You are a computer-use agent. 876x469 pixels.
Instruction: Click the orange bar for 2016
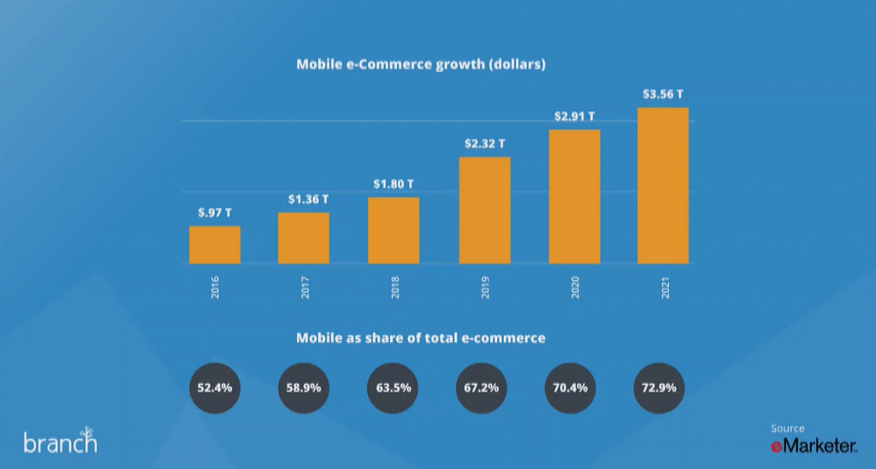tap(215, 245)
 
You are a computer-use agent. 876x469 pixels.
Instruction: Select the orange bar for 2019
tap(484, 211)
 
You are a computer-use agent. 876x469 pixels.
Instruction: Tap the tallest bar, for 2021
tap(663, 186)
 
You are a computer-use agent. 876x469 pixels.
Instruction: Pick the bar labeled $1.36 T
tap(304, 238)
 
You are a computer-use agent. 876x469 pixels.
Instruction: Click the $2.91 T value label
tap(574, 116)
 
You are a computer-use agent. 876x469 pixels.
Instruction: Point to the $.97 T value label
tap(215, 212)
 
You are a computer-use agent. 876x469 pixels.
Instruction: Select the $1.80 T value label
tap(394, 183)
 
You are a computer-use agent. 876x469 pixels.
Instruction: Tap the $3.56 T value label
tap(663, 93)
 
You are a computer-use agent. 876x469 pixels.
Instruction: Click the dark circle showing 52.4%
tap(215, 388)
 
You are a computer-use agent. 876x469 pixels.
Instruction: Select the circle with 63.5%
tap(394, 388)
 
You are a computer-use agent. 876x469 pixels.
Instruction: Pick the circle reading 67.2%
tap(482, 388)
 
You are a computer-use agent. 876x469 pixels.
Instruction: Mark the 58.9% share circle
tap(304, 388)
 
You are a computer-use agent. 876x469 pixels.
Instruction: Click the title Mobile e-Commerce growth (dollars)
tap(421, 64)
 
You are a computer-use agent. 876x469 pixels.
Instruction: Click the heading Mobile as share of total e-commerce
tap(421, 338)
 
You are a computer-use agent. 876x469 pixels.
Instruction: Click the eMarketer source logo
tap(814, 445)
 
